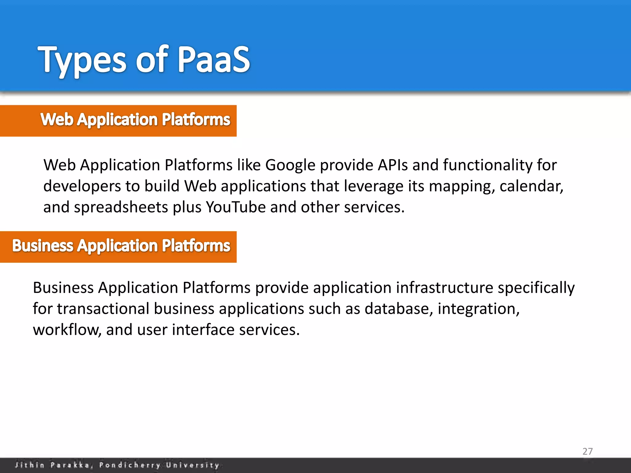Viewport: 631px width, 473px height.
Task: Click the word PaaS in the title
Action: click(x=214, y=59)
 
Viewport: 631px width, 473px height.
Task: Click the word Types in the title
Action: click(x=82, y=60)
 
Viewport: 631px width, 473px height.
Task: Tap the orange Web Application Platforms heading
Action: click(x=135, y=120)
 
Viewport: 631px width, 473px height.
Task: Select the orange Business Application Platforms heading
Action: click(x=121, y=246)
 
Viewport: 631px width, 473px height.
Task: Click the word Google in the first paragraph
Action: click(x=290, y=165)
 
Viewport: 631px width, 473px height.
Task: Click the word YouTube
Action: click(x=236, y=207)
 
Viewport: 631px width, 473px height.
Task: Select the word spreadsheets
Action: click(x=121, y=208)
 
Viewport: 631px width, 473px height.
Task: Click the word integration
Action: click(x=478, y=309)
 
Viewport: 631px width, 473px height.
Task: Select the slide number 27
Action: click(x=587, y=451)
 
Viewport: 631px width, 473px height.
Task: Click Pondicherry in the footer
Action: click(x=129, y=465)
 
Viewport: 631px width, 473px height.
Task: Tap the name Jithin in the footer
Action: click(x=30, y=465)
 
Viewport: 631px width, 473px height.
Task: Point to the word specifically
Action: click(x=536, y=288)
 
